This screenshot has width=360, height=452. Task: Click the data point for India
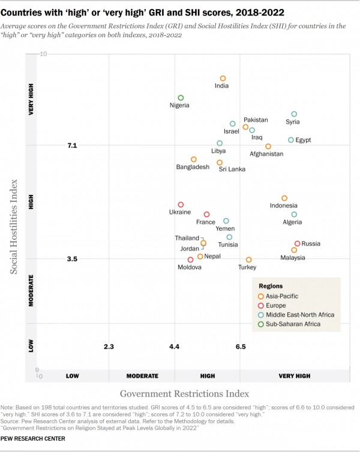coord(223,79)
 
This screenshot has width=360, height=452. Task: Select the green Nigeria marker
coord(181,98)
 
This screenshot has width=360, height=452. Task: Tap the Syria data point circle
coord(294,114)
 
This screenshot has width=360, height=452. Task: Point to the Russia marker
coord(297,243)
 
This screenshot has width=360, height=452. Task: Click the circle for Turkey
coord(249,260)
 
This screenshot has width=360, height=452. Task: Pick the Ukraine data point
coord(181,205)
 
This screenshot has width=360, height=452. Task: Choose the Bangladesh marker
coord(194,159)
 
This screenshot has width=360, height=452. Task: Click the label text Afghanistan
coord(266,154)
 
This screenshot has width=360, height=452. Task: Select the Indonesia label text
coord(284,206)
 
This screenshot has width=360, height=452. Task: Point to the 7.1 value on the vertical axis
coord(72,146)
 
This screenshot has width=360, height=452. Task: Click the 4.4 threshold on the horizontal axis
coord(174,346)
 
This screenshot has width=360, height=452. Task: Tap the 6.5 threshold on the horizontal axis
coord(241,346)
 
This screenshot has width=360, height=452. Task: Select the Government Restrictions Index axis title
coord(184,394)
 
